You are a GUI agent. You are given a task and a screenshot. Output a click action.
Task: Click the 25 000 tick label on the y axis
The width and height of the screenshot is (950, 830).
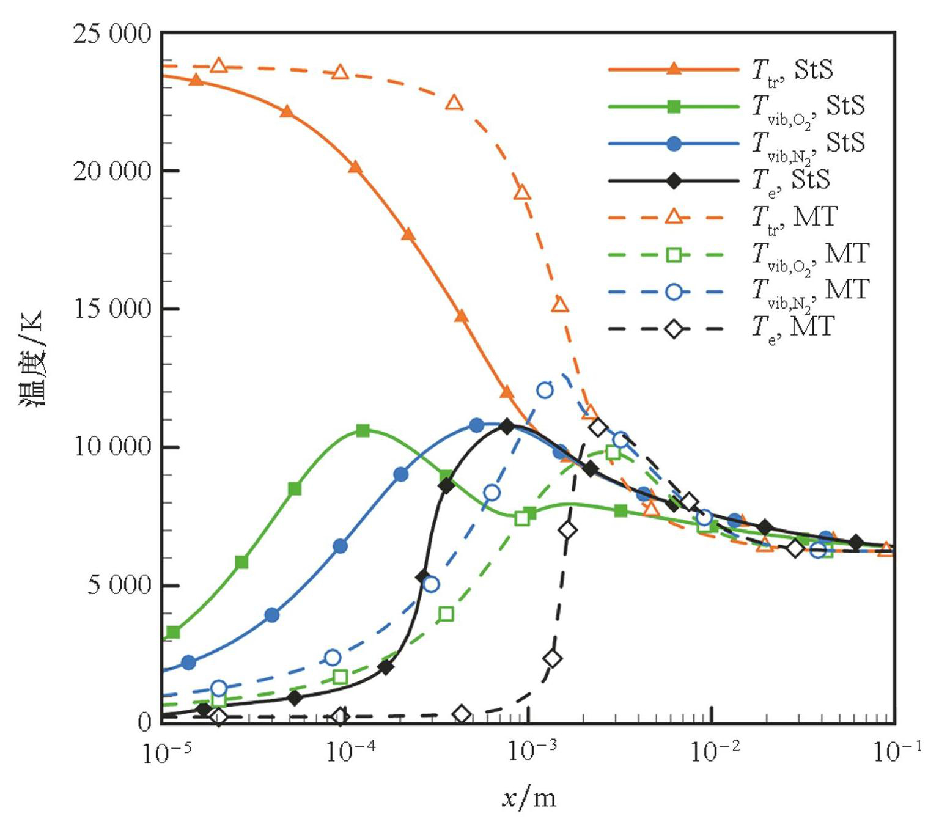112,34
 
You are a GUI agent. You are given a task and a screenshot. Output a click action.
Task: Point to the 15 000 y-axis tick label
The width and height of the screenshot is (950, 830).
112,309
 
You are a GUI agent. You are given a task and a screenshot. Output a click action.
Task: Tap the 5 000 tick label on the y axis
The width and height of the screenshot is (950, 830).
119,585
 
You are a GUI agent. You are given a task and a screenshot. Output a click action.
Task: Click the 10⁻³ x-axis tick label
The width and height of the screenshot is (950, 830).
530,752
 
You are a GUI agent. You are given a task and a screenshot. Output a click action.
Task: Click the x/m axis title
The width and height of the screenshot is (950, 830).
529,798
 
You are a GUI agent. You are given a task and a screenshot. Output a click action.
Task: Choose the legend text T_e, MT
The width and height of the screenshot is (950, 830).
793,328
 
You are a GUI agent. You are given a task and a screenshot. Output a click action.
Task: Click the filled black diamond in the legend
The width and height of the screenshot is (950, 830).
674,180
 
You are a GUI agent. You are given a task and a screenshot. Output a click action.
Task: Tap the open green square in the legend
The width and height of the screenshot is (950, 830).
674,254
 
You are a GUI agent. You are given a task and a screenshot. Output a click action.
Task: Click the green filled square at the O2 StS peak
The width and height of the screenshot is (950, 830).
363,430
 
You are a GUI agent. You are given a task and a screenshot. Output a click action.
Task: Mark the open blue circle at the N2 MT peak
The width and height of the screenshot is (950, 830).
545,390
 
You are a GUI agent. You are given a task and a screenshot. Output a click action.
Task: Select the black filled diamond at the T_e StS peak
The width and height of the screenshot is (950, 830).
507,427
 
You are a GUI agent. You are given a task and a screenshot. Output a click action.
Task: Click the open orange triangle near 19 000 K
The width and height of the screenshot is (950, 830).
522,193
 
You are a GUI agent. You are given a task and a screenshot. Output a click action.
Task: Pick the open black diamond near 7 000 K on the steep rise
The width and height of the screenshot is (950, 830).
568,530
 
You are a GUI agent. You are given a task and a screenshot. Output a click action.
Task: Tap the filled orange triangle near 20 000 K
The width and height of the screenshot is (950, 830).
355,166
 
